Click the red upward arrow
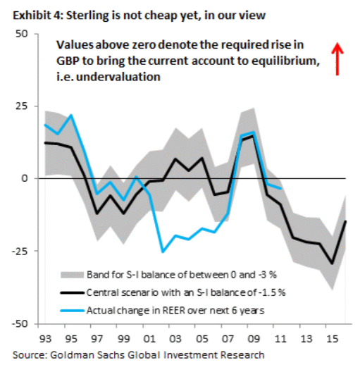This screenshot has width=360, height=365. click(x=337, y=59)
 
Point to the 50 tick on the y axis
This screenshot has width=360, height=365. click(x=22, y=34)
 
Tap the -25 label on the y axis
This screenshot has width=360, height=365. click(x=20, y=251)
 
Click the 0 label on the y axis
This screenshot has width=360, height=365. click(x=25, y=178)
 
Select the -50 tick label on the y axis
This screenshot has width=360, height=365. click(x=20, y=323)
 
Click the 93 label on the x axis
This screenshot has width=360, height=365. click(x=45, y=339)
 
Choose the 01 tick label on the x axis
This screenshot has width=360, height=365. click(x=149, y=339)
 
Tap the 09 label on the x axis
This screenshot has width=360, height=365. click(x=254, y=339)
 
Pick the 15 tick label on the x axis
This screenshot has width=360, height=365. click(x=332, y=339)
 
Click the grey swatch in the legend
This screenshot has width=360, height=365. click(x=72, y=275)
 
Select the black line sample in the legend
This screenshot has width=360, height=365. click(x=72, y=292)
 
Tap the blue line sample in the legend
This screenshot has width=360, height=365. click(x=72, y=311)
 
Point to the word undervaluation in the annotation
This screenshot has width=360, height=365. click(x=118, y=77)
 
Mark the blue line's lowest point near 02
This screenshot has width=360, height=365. click(x=163, y=252)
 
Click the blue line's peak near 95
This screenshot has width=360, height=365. click(x=71, y=115)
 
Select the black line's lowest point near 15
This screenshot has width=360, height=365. click(x=332, y=264)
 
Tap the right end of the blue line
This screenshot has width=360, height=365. click(x=280, y=188)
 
